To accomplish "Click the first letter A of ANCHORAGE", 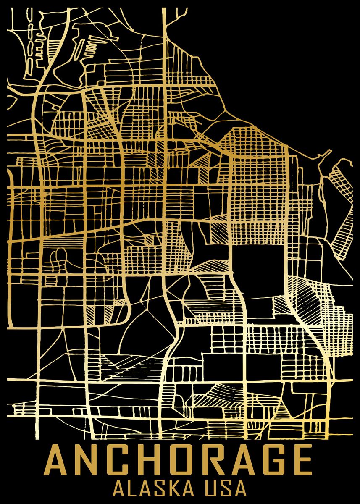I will (x=60, y=460).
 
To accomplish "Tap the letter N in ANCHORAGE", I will (x=92, y=460).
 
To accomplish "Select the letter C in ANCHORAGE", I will (x=122, y=460).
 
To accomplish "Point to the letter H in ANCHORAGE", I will (x=152, y=460).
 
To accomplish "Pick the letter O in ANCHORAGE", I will (x=183, y=460).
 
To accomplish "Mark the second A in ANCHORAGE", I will (x=243, y=460).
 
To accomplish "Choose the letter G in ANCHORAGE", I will (x=272, y=460).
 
